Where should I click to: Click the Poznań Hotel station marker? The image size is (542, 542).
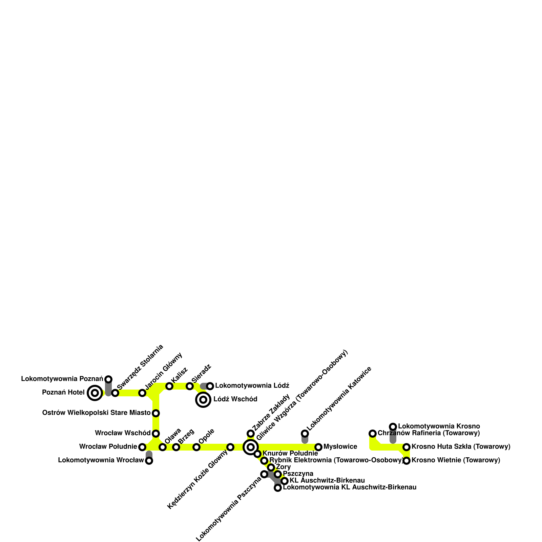(95, 393)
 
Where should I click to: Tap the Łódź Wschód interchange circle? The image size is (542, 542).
(203, 400)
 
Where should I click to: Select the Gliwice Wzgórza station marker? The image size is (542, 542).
(251, 447)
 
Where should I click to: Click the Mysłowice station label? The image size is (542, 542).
(340, 447)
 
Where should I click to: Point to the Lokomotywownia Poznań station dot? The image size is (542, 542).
(108, 379)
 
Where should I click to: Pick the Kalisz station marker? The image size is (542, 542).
(169, 386)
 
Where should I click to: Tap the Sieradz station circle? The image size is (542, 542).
(190, 386)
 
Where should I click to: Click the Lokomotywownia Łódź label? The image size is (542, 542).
(252, 386)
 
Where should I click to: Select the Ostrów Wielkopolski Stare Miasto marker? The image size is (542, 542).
(156, 413)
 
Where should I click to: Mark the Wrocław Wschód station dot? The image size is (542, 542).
(156, 433)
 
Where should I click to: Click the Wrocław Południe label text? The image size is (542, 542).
(108, 447)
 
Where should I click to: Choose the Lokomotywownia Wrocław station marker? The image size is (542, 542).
(149, 461)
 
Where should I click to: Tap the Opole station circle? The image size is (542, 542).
(196, 447)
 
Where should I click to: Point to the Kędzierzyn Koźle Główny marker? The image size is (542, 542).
(230, 447)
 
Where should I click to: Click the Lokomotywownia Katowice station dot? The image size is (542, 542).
(305, 434)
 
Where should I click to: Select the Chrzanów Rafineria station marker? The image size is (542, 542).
(373, 434)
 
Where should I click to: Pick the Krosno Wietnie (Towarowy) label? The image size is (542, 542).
(456, 460)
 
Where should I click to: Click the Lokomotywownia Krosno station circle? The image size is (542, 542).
(393, 426)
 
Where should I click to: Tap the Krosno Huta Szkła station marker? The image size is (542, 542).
(406, 447)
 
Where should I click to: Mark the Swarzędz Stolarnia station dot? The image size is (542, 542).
(115, 393)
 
